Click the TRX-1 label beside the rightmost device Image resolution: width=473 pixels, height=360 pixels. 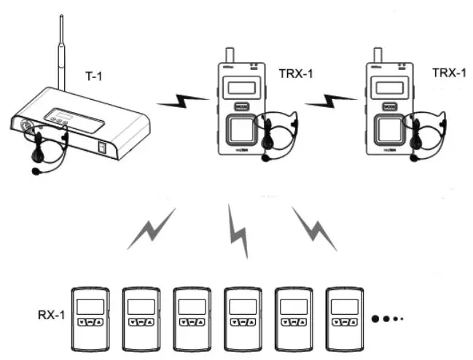(448, 72)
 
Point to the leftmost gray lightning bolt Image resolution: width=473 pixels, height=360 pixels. (152, 227)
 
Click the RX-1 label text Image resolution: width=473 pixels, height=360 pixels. (51, 316)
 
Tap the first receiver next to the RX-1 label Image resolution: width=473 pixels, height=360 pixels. (90, 319)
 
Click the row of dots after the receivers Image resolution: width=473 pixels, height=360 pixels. (387, 318)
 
